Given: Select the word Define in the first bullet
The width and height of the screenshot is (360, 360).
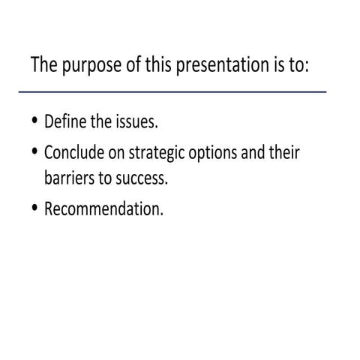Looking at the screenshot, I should point(62,121).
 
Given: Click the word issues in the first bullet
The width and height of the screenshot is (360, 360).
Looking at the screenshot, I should point(133,121).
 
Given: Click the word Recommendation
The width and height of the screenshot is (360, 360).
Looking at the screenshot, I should point(103,209).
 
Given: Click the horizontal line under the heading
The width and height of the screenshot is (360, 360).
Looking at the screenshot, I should point(172,91).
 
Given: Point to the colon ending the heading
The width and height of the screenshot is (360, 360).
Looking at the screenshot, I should point(307,65).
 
